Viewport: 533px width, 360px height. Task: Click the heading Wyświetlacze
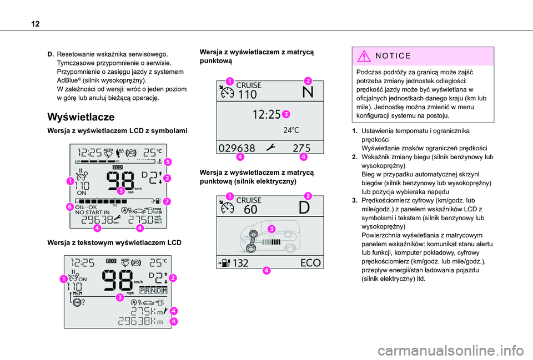[81, 117]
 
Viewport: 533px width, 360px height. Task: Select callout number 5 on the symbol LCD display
[167, 162]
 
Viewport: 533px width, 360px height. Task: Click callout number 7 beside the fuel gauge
[167, 200]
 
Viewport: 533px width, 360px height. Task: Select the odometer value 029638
[238, 148]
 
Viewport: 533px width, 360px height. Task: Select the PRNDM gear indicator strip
[151, 290]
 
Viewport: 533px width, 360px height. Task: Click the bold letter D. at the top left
[51, 54]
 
